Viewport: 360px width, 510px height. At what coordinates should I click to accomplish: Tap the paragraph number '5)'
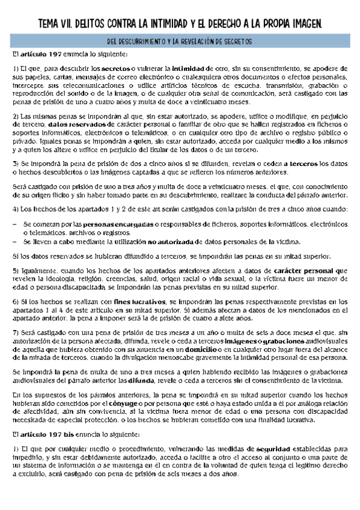(x=17, y=271)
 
